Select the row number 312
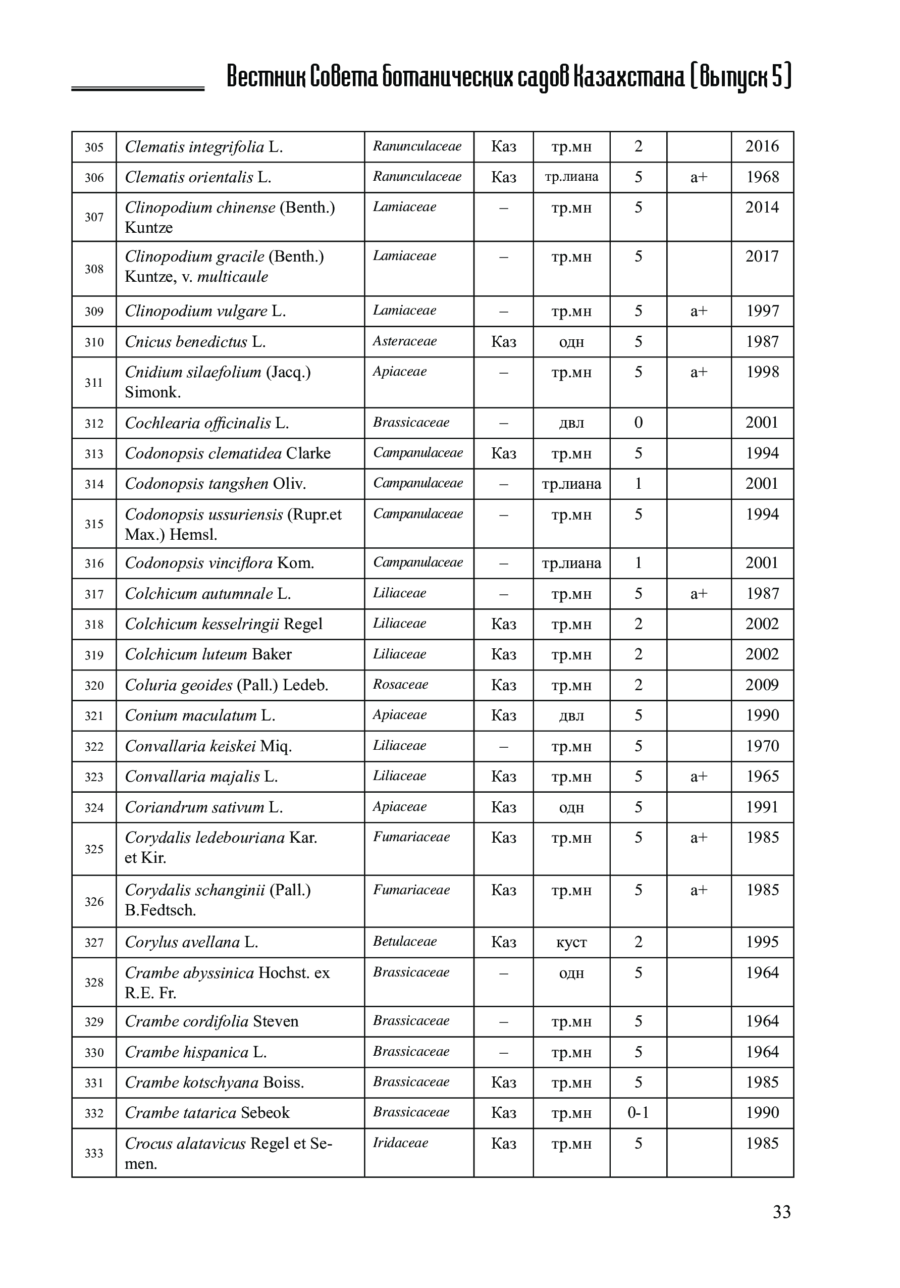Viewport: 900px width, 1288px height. (x=94, y=424)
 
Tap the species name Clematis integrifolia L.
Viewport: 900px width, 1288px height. (x=203, y=147)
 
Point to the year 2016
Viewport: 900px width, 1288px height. (x=762, y=146)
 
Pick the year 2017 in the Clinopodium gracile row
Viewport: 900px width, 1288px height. (x=762, y=257)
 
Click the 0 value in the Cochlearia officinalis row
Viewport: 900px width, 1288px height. (x=638, y=423)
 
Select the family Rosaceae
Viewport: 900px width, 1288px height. (x=400, y=684)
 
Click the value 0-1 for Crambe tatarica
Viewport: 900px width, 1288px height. (x=638, y=1113)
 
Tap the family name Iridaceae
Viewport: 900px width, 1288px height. (x=400, y=1143)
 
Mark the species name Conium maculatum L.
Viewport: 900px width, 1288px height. (x=199, y=715)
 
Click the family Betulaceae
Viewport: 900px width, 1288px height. (x=404, y=941)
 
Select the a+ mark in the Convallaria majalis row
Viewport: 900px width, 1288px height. (x=699, y=777)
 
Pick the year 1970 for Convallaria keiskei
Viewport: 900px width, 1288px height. (x=762, y=746)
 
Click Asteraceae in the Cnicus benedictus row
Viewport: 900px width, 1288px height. (x=404, y=341)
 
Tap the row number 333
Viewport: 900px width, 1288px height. (x=94, y=1153)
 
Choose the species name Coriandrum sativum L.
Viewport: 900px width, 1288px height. (x=203, y=807)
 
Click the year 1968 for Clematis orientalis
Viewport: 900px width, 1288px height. (x=762, y=177)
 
